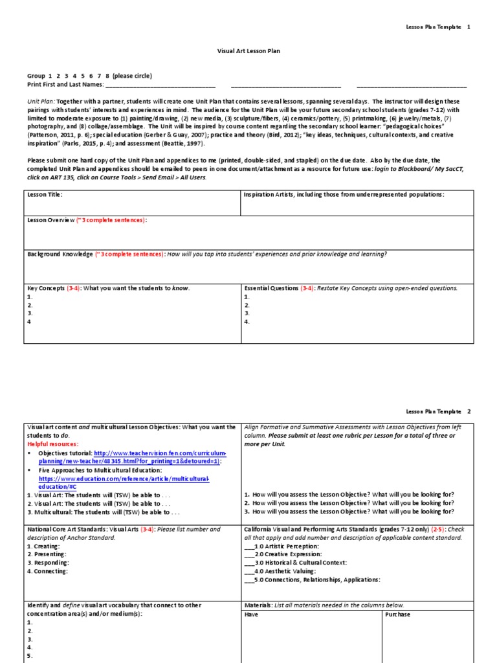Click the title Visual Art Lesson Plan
[248, 51]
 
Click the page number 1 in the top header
[469, 27]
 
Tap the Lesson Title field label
[45, 194]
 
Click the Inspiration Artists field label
[344, 194]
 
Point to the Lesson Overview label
[51, 220]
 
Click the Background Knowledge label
[60, 254]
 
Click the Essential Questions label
[271, 287]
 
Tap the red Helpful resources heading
[52, 444]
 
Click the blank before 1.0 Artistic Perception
[249, 546]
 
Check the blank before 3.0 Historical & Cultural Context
[249, 563]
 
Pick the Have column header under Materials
[251, 614]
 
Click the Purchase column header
[397, 614]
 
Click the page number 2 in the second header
[469, 411]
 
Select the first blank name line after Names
[160, 85]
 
